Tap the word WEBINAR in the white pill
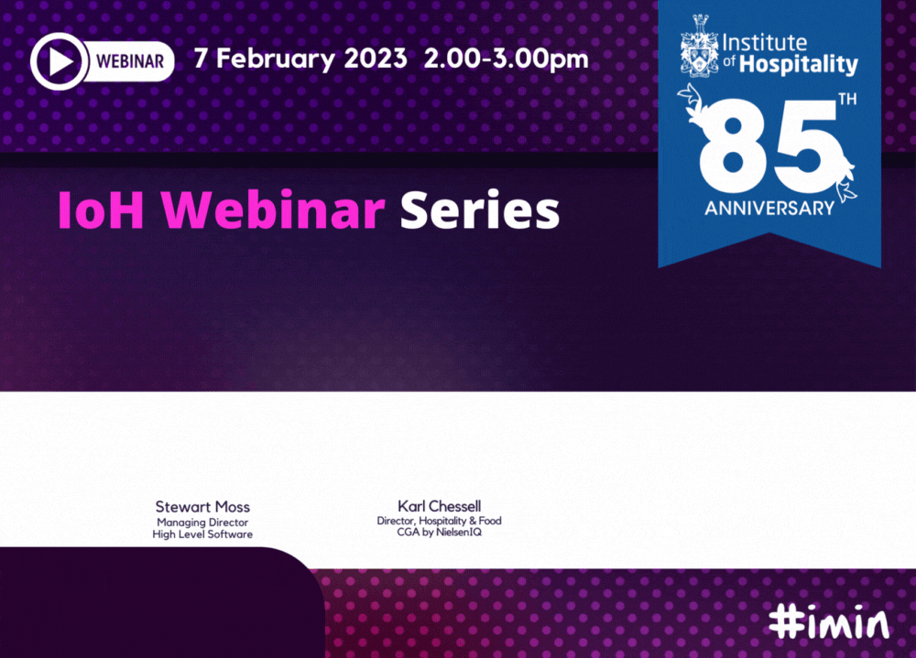(130, 61)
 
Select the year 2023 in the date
(375, 59)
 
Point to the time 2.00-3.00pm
(506, 59)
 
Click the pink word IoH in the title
(101, 210)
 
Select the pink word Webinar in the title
(273, 210)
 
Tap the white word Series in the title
(480, 210)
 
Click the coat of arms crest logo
(700, 46)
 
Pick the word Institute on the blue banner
(764, 43)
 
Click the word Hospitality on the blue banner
(798, 65)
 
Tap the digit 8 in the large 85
(733, 151)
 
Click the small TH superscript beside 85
(847, 99)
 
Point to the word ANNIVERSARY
(769, 208)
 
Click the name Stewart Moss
(202, 507)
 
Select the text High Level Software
(202, 534)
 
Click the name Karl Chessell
(440, 505)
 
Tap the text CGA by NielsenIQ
(440, 532)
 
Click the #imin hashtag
(829, 622)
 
